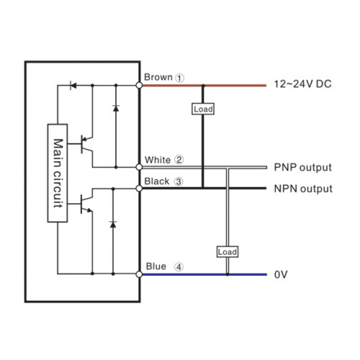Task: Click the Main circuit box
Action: [58, 173]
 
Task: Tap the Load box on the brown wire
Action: [203, 109]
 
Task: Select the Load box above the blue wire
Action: [228, 252]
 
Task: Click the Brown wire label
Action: [158, 77]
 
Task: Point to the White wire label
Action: [158, 160]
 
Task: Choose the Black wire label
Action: [157, 181]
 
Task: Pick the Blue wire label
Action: [156, 266]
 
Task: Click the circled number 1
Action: [179, 78]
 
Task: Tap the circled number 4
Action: [179, 267]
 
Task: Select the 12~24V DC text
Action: [302, 84]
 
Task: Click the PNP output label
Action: [302, 168]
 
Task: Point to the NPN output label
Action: [303, 189]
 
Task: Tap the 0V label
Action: [281, 274]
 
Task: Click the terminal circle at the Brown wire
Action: [139, 85]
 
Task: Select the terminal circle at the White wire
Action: [139, 167]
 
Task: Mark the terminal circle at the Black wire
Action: [139, 189]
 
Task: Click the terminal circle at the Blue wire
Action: [139, 274]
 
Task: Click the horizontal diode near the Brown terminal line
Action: [73, 85]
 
